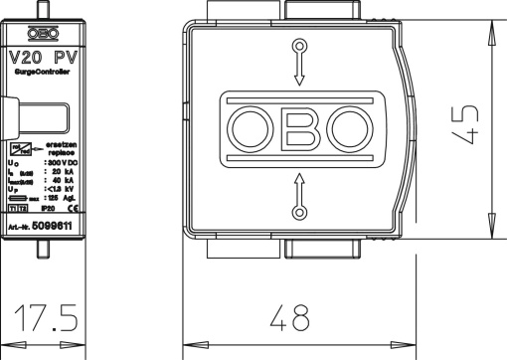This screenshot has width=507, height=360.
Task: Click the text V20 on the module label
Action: [27, 56]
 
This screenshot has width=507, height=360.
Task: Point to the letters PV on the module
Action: [66, 56]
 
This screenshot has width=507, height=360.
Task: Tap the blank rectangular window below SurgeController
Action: [43, 115]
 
